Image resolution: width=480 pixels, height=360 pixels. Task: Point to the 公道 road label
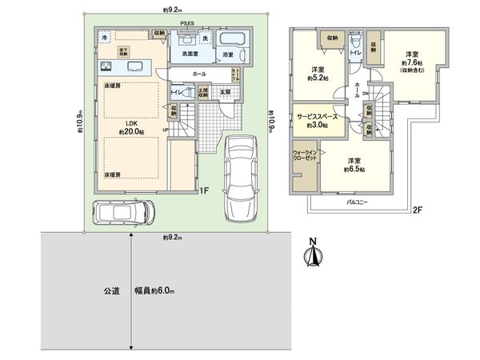[x=111, y=291]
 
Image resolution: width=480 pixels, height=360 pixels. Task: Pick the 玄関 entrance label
[x=226, y=92]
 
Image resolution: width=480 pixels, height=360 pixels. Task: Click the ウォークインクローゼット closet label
[x=306, y=157]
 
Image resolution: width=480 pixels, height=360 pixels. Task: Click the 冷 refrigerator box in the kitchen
[x=104, y=38]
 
